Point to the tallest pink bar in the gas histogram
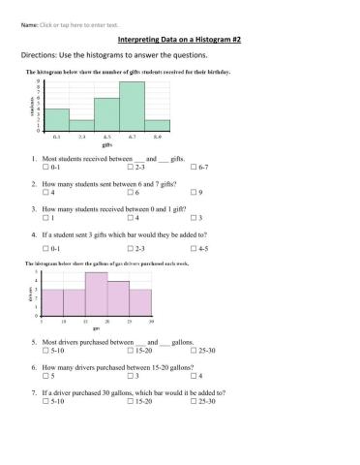(x=95, y=295)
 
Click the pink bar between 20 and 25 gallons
(x=117, y=299)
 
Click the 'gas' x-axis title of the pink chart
(x=95, y=328)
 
